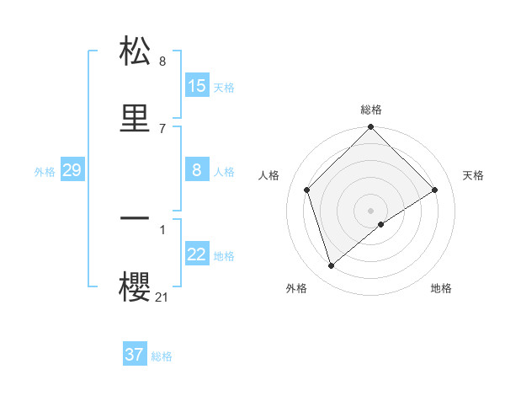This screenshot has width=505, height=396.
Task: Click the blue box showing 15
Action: pos(197,86)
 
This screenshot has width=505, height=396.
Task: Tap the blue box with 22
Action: pos(197,254)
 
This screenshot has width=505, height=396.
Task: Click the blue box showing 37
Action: pos(135,355)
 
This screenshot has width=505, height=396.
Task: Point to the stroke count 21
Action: pos(162,297)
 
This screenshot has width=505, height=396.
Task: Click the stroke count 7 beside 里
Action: pos(162,128)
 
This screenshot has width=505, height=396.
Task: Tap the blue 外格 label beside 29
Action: pos(45,172)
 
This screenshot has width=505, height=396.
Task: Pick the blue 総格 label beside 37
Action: pos(162,356)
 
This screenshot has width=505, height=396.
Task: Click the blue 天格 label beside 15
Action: pos(224,87)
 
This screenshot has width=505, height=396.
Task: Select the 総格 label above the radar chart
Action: pos(371,110)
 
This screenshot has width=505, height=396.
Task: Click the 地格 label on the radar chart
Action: pos(441,288)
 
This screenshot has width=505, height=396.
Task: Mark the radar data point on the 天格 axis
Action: pos(435,190)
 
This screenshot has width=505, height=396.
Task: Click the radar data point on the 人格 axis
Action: pos(307,190)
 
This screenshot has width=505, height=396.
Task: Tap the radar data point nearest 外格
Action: pos(332,266)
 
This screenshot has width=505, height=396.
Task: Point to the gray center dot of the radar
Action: pos(371,210)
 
